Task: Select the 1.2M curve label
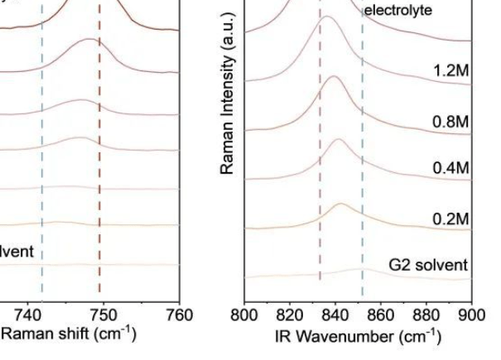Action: tap(450, 70)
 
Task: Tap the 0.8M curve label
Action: tap(450, 121)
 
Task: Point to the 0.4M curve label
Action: tap(450, 169)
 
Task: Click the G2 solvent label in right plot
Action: tap(428, 266)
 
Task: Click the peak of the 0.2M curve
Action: tap(341, 204)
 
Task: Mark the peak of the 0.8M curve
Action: tap(333, 76)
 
